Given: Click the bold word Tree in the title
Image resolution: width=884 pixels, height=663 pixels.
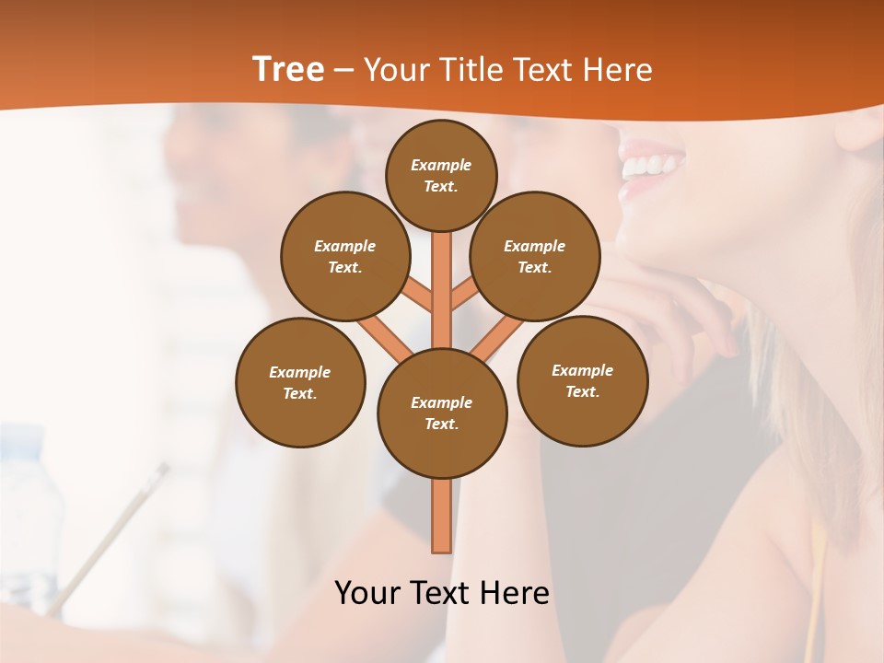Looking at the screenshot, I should coord(288,69).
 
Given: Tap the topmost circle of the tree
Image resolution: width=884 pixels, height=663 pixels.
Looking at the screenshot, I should coord(441,175).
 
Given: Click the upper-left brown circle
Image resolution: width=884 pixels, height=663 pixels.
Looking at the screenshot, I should coord(345,256).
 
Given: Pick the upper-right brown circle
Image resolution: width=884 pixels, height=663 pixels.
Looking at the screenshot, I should coord(535,256).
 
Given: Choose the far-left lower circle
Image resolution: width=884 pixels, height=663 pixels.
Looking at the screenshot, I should coord(300,382).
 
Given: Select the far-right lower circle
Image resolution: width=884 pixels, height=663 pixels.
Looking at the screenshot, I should coord(582,380).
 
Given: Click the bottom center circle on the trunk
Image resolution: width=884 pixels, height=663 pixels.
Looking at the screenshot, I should coord(442,413).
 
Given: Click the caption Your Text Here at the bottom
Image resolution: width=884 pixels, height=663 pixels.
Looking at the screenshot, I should coord(442,593).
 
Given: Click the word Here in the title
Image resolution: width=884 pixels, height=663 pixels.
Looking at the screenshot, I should coord(619,69).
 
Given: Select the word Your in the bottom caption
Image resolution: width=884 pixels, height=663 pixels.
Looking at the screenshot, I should coord(367,593).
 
